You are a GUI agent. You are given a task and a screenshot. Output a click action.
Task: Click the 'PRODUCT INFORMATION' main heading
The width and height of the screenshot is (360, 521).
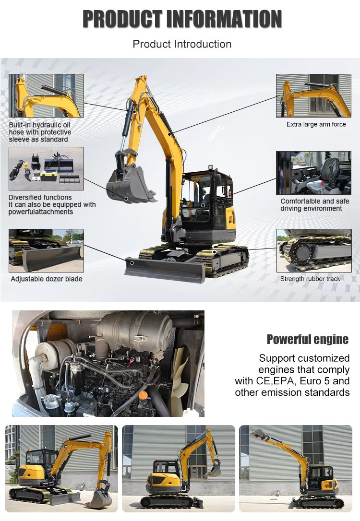182,19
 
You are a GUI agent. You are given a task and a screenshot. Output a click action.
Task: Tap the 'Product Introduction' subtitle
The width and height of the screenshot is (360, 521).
182,44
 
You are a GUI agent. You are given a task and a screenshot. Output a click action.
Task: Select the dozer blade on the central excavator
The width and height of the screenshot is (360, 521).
165,269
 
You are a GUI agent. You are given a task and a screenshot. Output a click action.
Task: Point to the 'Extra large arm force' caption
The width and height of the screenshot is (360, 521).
316,124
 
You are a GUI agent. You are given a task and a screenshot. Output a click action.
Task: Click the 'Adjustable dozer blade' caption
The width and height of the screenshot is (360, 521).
47,279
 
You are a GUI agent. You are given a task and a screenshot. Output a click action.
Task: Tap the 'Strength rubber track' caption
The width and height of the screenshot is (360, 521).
310,279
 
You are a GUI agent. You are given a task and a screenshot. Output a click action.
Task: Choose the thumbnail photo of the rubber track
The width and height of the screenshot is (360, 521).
314,250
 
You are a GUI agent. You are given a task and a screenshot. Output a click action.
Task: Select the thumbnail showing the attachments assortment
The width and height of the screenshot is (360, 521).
46,169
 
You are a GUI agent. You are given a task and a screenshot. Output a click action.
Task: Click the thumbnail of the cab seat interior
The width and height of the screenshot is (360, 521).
313,173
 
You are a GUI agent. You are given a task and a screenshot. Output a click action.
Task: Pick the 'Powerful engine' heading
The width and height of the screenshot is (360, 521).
308,339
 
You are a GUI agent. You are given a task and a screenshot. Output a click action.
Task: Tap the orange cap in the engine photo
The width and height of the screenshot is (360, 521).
143,395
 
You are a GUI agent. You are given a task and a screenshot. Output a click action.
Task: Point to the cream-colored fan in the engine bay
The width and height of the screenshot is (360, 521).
180,376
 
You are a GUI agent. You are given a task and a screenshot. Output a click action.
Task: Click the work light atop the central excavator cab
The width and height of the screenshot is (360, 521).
210,166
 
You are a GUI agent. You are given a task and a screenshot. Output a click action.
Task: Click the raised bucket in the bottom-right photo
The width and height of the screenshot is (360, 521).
258,433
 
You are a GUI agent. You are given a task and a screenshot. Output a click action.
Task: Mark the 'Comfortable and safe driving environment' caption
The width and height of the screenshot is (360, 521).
314,205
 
